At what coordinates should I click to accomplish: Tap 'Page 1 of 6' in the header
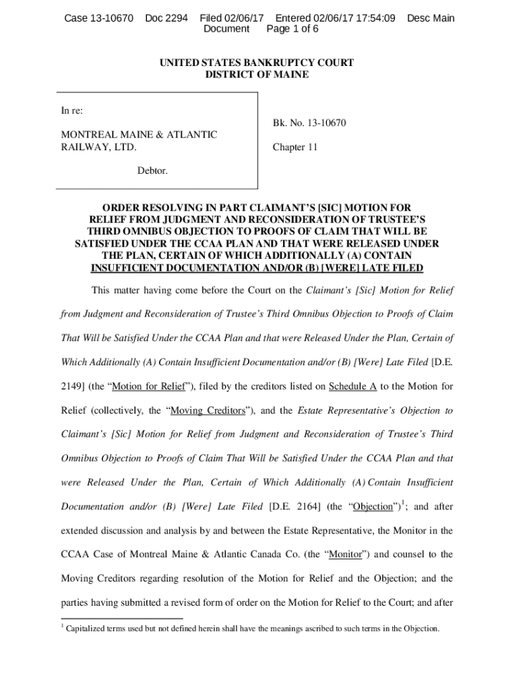(x=293, y=30)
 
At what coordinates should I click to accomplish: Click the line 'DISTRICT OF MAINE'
(x=256, y=75)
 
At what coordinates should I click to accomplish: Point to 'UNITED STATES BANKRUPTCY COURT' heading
(x=256, y=63)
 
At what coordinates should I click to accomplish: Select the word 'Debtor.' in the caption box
(x=152, y=171)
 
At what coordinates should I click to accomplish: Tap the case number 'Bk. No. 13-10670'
(x=309, y=123)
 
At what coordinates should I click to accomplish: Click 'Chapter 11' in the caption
(x=295, y=147)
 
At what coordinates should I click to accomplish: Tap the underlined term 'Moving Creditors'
(x=211, y=411)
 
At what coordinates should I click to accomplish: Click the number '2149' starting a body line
(x=73, y=387)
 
